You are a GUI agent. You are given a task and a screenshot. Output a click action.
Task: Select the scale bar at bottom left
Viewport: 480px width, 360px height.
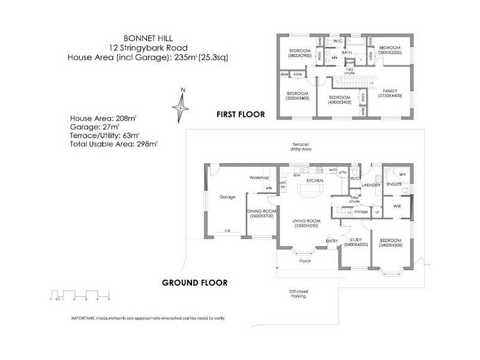[x=80, y=296]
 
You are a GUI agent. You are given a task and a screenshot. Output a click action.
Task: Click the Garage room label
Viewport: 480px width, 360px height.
[x=227, y=196]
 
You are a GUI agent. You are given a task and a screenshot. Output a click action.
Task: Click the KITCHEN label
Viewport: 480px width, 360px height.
[x=315, y=181]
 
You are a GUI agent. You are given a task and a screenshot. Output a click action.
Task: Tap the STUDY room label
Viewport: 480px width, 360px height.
[x=355, y=241]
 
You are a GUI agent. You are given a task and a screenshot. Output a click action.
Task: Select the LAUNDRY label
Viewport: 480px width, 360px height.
[x=371, y=185]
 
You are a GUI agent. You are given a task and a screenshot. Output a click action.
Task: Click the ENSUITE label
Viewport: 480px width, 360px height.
[x=394, y=185]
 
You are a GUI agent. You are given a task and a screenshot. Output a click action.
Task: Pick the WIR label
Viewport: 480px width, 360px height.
[x=397, y=206]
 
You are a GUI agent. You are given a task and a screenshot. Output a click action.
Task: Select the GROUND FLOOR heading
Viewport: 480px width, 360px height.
[x=194, y=281]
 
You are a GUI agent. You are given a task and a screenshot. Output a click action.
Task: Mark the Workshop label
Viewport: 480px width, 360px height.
[x=259, y=178]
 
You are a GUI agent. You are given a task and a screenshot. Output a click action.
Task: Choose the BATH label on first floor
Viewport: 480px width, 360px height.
[x=346, y=53]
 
